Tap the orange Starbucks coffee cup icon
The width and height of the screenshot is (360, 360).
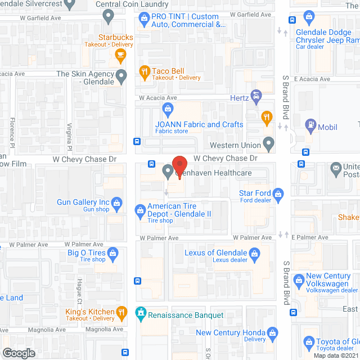(119, 54)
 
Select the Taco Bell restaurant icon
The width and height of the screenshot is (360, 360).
(145, 71)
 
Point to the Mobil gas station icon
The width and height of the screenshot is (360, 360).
(309, 124)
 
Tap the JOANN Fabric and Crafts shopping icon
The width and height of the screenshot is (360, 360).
(167, 107)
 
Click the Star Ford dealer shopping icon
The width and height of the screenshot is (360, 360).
(278, 195)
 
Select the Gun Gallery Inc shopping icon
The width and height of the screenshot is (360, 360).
(117, 202)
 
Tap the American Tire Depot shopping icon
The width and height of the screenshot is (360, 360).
(140, 211)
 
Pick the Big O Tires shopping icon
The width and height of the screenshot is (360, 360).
(113, 253)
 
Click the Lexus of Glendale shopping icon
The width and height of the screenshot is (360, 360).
(254, 256)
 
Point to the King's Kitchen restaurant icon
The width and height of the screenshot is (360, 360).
(121, 312)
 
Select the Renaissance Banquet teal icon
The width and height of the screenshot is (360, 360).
(141, 312)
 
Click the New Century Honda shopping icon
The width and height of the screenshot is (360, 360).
(272, 333)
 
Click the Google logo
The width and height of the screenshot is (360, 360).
(18, 353)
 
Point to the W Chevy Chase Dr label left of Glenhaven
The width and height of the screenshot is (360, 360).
(84, 160)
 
